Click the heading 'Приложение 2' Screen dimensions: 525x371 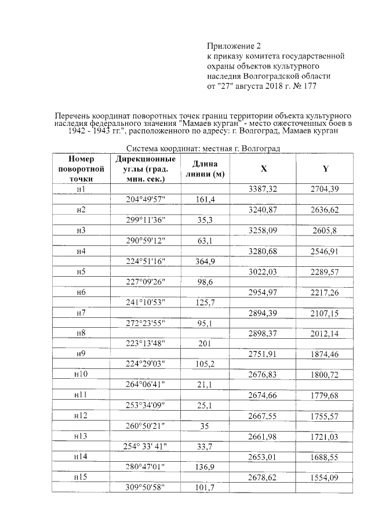pos(235,46)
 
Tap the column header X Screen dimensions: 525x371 pos(264,169)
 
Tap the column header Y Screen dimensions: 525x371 pos(325,169)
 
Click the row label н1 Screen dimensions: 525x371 pos(81,189)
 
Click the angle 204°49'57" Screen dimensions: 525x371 pos(146,200)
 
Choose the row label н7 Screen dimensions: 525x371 pos(81,313)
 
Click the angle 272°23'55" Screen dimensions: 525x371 pos(146,323)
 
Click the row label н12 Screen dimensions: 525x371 pos(81,416)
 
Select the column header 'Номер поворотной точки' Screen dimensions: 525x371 pos(81,169)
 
